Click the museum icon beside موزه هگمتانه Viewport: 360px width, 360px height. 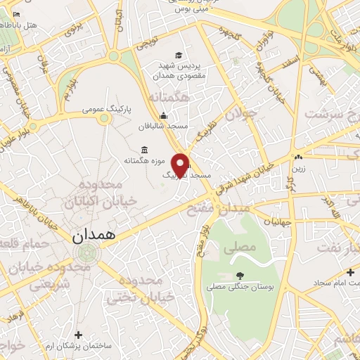[145, 149]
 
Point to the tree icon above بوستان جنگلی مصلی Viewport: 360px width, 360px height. [240, 276]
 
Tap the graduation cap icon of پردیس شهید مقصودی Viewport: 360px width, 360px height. [179, 56]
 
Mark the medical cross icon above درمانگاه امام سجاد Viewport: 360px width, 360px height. [350, 272]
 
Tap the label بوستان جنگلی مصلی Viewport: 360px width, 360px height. [233, 287]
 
